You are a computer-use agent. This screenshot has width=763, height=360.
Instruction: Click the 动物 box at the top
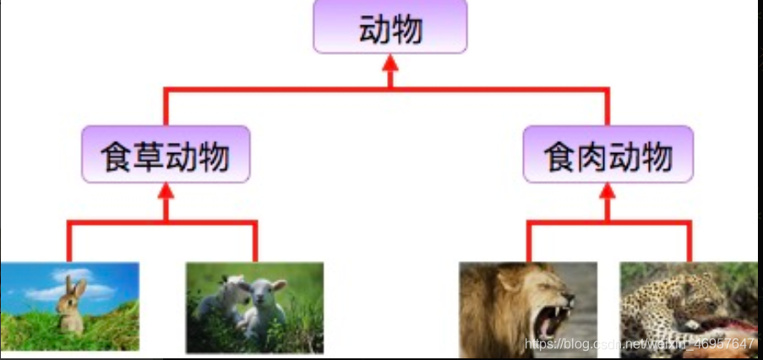(x=390, y=29)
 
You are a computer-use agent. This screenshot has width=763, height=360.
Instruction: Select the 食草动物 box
(x=166, y=155)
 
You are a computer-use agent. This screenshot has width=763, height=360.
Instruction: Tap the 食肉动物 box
(x=608, y=155)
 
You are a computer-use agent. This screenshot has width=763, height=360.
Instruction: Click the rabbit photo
(x=69, y=306)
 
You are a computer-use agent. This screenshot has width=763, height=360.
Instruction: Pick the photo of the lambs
(x=254, y=307)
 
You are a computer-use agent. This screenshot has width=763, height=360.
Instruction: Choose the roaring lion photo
(x=528, y=309)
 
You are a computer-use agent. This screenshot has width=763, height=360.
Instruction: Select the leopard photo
(x=689, y=309)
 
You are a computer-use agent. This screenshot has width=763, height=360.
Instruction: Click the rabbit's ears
(x=77, y=288)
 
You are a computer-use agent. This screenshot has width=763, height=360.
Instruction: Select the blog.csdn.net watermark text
(x=638, y=345)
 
